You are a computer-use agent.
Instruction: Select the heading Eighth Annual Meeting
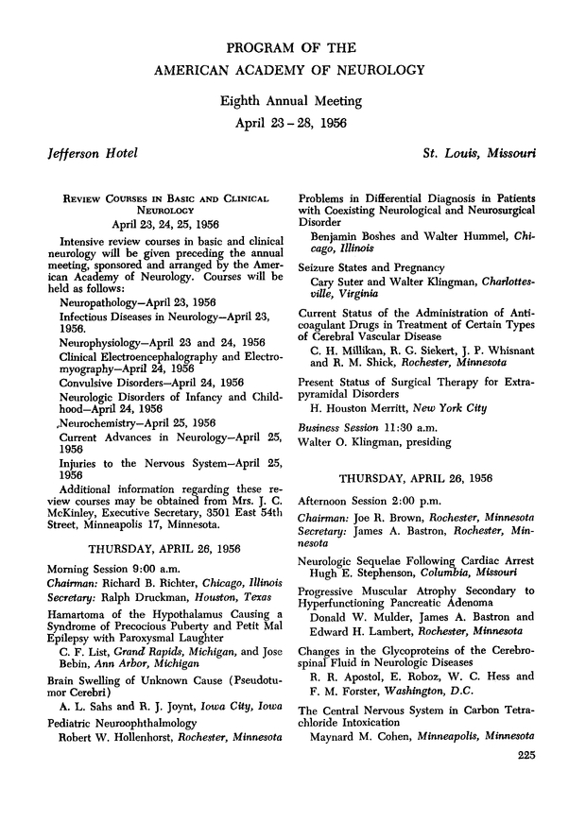click(292, 100)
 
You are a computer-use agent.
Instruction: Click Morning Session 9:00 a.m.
click(107, 567)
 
